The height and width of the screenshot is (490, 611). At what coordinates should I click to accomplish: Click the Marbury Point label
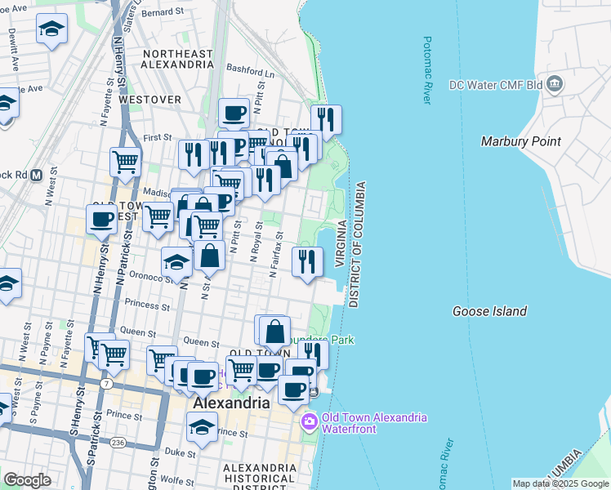pos(520,141)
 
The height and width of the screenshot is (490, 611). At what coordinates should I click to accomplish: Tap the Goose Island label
pos(489,311)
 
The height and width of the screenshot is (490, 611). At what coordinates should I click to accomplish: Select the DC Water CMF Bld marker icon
pos(555,84)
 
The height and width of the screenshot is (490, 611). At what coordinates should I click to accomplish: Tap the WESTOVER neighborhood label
pos(149,99)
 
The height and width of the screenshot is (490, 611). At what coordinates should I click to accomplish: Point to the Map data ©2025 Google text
pos(560,483)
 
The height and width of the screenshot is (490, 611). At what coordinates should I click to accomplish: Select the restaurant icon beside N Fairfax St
pos(306,262)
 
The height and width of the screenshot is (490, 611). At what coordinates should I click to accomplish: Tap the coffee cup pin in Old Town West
pos(101,220)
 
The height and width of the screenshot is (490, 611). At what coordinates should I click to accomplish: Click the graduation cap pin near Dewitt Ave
pos(51,29)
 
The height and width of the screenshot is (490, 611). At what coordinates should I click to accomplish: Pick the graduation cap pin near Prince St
pos(203,427)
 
